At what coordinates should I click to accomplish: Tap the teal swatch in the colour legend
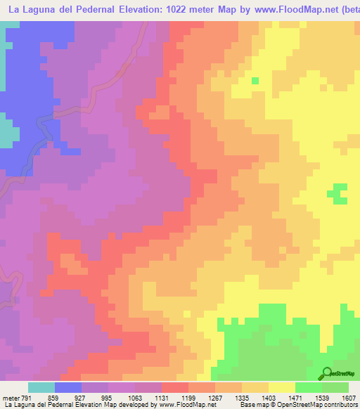[x=41, y=387]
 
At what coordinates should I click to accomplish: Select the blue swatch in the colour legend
[x=68, y=387]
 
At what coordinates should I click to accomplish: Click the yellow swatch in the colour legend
[x=282, y=387]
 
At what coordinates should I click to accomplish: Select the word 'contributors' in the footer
[x=340, y=405]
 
